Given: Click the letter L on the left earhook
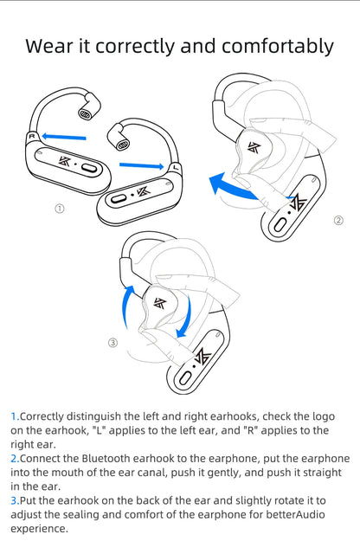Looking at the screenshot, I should point(177,167).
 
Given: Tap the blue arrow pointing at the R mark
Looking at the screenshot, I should point(65,135).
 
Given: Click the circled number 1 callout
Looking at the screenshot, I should point(59,209).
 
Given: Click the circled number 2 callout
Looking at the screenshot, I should point(338,220).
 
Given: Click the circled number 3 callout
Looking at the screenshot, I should point(112,343).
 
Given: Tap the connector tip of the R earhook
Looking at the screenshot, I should point(86,113).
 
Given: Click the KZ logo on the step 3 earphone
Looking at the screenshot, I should point(159,303).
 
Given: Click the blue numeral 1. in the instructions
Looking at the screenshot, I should point(15,416).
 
